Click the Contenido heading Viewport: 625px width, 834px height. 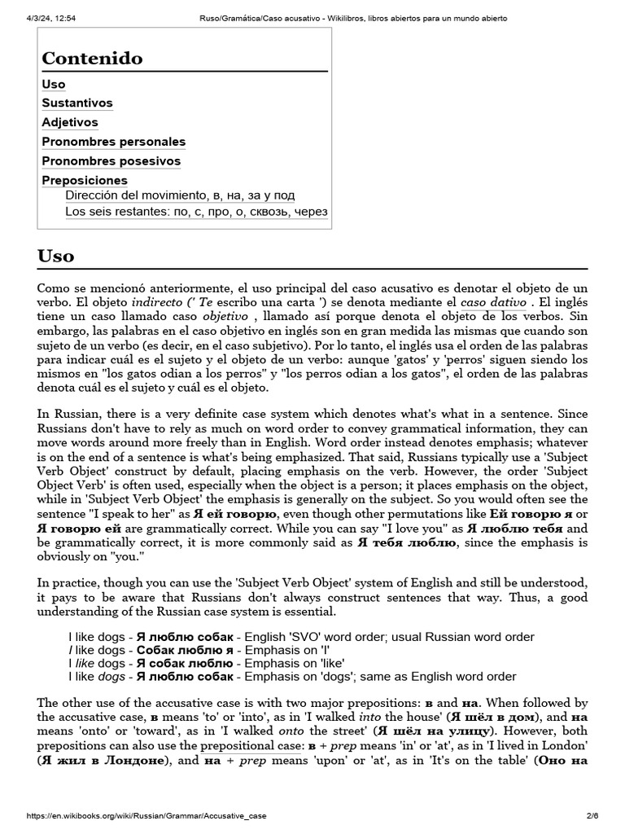point(92,59)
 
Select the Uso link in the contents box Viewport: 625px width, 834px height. point(54,85)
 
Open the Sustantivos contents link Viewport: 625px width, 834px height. point(77,103)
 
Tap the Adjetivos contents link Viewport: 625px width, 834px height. point(70,123)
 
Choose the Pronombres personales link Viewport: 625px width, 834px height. point(114,142)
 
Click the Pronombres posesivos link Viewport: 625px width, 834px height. point(111,161)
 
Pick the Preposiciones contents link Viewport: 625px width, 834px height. point(85,180)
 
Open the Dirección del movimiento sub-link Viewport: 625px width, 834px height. point(180,195)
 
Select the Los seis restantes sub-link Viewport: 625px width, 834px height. point(196,212)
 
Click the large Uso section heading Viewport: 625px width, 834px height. point(56,256)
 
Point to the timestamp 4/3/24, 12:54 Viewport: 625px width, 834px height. point(40,18)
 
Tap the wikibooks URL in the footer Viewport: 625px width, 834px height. point(146,815)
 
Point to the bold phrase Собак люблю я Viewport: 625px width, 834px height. point(185,650)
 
